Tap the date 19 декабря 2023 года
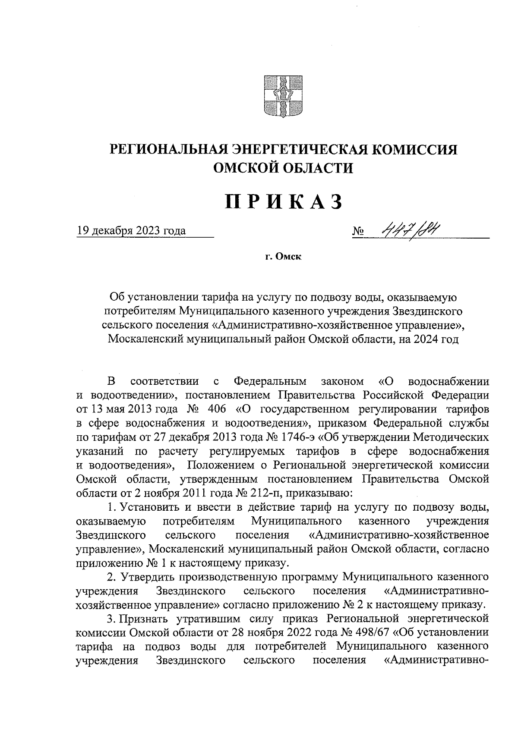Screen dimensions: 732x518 (131, 231)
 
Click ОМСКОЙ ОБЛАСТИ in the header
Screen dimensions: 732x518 (283, 168)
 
